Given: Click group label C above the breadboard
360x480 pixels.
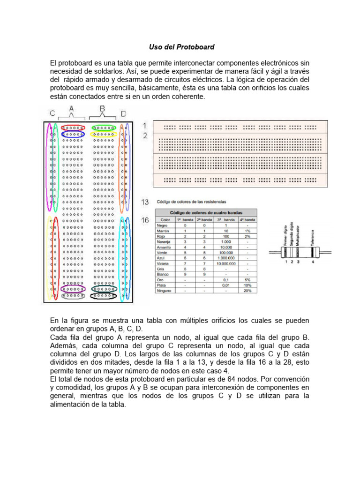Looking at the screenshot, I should coord(52,113).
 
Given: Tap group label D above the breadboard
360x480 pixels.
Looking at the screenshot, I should coord(123,113).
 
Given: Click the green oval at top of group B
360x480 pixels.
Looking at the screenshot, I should coord(104,127).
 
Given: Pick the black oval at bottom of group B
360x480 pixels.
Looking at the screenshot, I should coord(104,296).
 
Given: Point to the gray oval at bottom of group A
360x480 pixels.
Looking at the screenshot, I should coord(72,296).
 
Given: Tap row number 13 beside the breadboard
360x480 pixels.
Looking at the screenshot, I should coord(145,202).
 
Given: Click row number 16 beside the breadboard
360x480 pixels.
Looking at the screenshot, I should coord(145,220).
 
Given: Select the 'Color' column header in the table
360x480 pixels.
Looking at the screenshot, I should coord(165,219).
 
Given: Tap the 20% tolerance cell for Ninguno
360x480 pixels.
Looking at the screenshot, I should coord(247,291).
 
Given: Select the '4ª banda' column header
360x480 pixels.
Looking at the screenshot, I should coord(247,219).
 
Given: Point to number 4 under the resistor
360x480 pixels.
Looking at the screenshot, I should coord(313,262).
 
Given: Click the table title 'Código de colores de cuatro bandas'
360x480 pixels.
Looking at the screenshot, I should coord(206,212).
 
